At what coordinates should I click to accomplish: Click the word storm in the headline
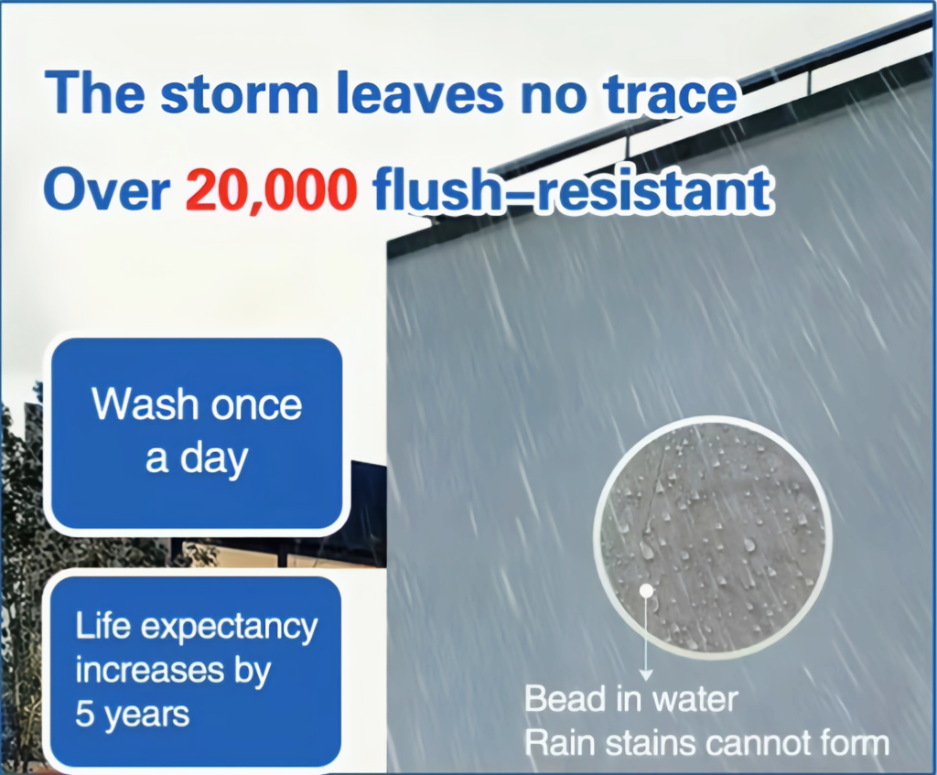tap(239, 94)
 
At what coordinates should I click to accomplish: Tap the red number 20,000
tap(271, 190)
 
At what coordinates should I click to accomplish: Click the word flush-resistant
tap(573, 190)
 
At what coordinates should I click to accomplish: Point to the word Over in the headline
tap(106, 190)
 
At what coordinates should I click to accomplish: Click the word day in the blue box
tap(214, 459)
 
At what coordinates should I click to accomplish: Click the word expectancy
tap(230, 628)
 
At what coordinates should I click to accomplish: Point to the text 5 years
tap(132, 715)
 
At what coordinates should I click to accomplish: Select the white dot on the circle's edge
tap(646, 591)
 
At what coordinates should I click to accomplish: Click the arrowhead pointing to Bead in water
tap(646, 675)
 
